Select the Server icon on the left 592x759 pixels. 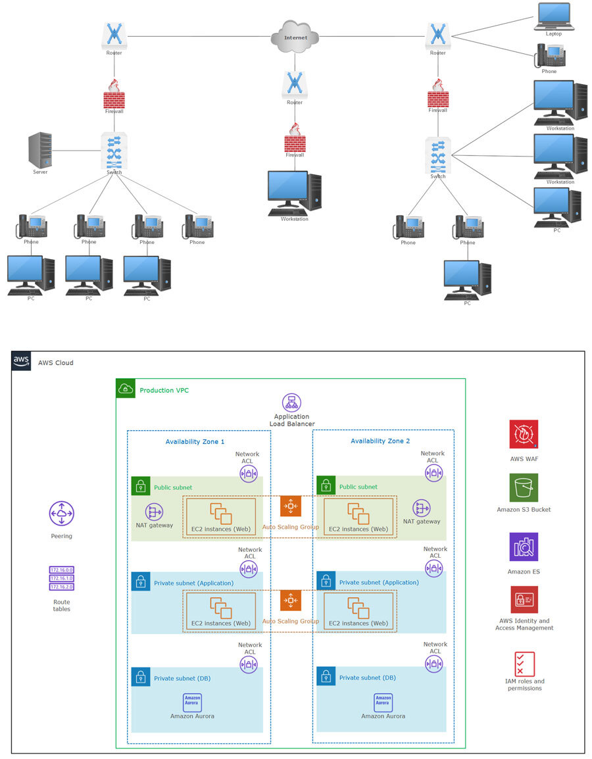tap(40, 150)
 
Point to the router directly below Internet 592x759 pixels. tap(295, 85)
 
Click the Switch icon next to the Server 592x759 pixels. tap(114, 151)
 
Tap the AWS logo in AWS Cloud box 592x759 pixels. tap(21, 361)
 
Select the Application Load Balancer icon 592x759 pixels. tap(291, 403)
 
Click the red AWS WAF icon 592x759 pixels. tap(524, 434)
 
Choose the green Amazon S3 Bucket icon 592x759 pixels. tap(524, 488)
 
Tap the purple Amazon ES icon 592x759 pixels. tap(524, 547)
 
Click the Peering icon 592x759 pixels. tap(62, 514)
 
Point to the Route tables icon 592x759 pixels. tap(62, 579)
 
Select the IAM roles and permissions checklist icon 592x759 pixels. tap(525, 664)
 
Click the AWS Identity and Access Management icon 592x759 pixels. tap(524, 600)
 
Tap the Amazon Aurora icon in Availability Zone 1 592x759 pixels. tap(192, 702)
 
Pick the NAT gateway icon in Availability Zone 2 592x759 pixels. tap(422, 508)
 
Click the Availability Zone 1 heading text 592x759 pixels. tap(195, 441)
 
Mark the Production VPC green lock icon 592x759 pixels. tap(126, 389)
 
